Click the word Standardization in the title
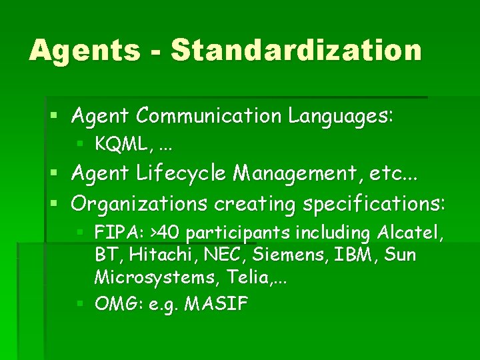297,51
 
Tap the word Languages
341,116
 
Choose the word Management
285,174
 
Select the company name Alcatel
411,233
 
